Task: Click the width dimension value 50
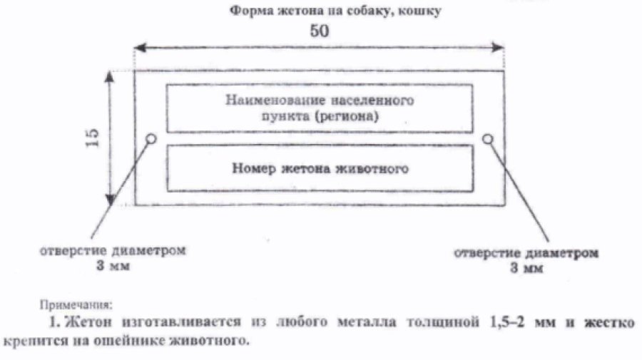[x=320, y=32]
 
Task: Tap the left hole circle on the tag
[x=151, y=138]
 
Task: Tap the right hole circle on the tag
[x=488, y=138]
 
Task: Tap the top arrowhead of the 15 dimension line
[x=110, y=75]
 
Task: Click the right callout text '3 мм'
[x=527, y=269]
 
